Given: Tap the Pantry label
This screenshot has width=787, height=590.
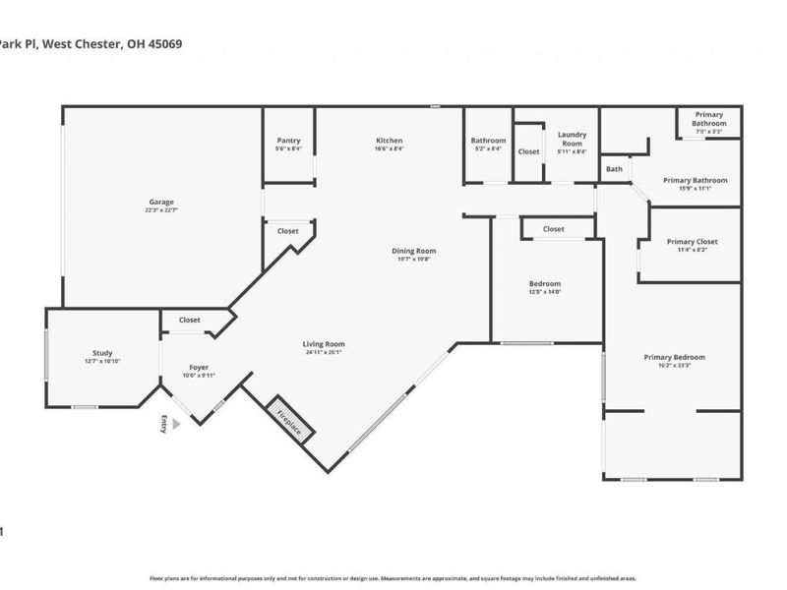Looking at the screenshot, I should coord(288,141).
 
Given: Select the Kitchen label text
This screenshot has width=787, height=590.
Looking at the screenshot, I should coord(389,141).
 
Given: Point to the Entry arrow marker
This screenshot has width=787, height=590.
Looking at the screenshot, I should coord(176,424).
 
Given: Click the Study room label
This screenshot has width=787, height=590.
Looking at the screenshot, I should coord(102,353).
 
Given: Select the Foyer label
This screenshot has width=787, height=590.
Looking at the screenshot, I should coord(199,368).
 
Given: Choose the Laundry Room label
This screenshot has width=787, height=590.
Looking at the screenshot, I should coord(572,139).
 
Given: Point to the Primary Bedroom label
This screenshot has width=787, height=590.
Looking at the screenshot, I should coord(674,357).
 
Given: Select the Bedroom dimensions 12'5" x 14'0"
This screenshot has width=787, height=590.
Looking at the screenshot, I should coord(545,292).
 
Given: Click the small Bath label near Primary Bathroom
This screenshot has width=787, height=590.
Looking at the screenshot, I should coord(614,169).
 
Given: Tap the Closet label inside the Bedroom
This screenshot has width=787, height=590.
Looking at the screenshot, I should coord(554,229).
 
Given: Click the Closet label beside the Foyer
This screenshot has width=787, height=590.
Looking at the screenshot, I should coord(190,321).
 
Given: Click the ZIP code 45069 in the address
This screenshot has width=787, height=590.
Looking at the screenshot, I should coord(162,44).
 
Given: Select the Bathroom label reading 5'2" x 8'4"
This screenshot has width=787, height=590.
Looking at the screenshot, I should coord(488,149).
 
